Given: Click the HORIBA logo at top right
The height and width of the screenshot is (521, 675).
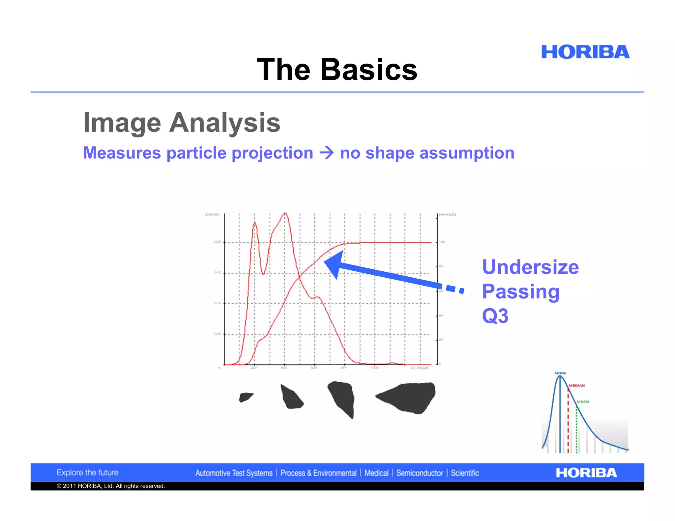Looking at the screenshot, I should tap(585, 52).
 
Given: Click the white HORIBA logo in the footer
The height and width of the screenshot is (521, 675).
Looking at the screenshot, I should tap(586, 473).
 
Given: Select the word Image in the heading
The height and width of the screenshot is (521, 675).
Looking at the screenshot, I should tap(122, 123).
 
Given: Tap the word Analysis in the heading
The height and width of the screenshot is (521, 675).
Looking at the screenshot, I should tap(224, 123).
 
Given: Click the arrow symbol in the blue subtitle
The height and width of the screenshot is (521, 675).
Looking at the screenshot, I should tap(327, 153).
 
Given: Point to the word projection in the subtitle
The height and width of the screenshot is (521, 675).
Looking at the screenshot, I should tap(272, 153).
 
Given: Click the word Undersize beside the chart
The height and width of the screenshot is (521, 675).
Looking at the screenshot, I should tap(530, 267).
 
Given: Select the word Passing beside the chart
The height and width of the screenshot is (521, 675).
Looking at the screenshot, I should tap(521, 291).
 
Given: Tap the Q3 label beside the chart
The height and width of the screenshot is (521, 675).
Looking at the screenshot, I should tap(495, 316).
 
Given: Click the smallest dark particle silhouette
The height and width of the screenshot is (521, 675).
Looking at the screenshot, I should tap(245, 397).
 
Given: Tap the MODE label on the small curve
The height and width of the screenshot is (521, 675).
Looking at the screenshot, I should tap(560, 373).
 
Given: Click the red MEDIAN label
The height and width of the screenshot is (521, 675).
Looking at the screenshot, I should tap(576, 385).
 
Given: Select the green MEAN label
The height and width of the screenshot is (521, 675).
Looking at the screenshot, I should tap(582, 401).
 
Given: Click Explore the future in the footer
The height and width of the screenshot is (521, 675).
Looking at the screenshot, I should tap(87, 473).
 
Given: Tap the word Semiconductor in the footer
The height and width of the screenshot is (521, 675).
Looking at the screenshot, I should tap(420, 473).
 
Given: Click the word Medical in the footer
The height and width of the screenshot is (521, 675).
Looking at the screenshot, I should tap(376, 473).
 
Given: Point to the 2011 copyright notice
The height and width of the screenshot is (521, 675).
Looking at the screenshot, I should tap(110, 486).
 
